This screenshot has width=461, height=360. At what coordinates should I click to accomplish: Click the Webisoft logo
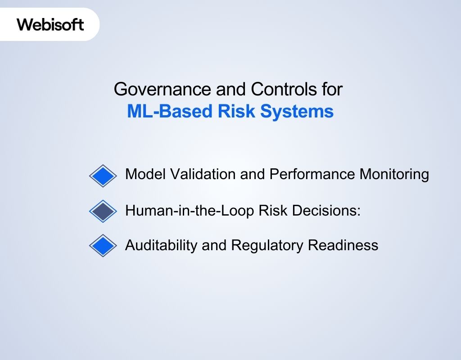pyautogui.click(x=50, y=24)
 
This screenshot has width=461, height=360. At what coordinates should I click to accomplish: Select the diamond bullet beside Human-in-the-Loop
pyautogui.click(x=103, y=211)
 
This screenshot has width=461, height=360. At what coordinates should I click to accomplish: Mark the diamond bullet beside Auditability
pyautogui.click(x=103, y=245)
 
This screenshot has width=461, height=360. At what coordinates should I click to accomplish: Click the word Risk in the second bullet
pyautogui.click(x=273, y=210)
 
